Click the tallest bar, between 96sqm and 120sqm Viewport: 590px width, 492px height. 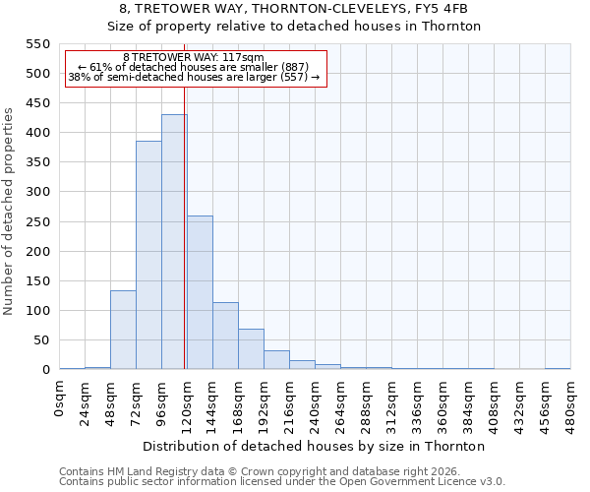pos(174,242)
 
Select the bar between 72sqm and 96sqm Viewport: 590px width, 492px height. pos(148,255)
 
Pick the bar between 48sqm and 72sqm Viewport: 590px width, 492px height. pos(123,330)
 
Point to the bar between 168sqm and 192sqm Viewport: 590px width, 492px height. pos(251,349)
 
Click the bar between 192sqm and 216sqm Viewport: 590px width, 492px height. pos(276,360)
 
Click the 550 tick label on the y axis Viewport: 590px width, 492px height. pos(36,44)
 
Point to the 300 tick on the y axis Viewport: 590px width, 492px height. pos(36,192)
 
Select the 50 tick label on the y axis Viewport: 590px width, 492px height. pos(40,340)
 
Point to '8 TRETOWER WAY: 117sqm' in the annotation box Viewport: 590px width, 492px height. pos(194,58)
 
